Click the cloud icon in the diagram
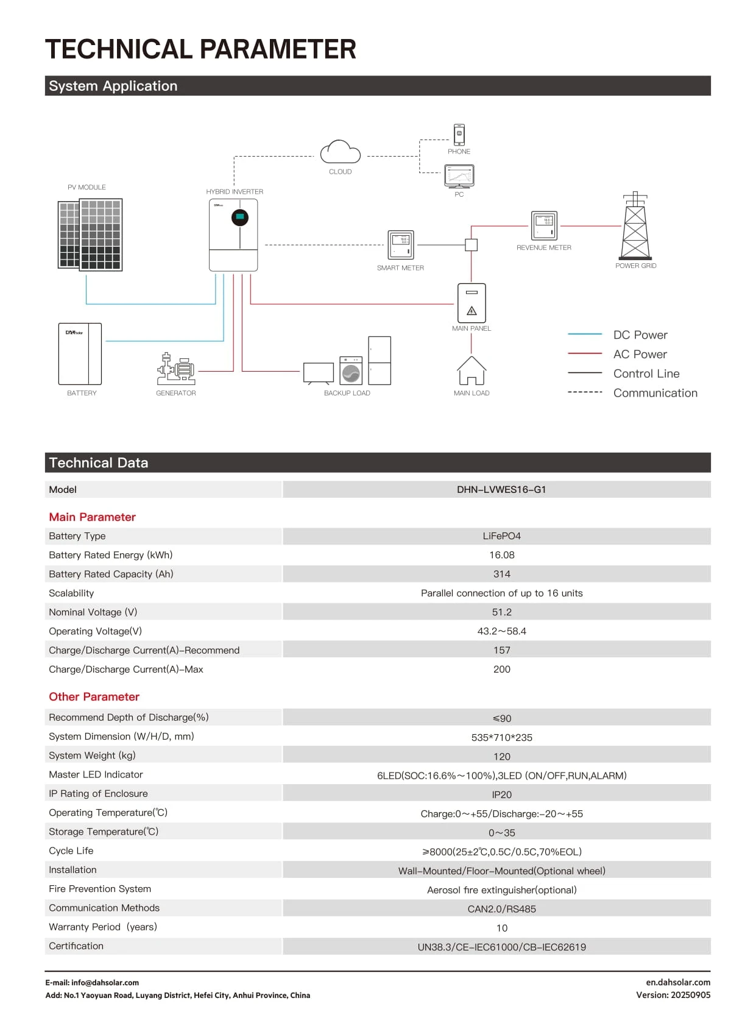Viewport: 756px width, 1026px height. [341, 152]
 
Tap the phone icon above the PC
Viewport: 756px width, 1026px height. [459, 135]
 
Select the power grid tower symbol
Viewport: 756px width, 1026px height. [635, 226]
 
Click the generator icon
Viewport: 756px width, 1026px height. [176, 368]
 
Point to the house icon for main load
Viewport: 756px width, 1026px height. [472, 370]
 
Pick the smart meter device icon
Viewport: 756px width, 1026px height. [401, 245]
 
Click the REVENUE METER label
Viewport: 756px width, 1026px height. [544, 248]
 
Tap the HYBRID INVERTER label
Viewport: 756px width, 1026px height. [235, 192]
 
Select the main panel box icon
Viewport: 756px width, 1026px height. [472, 303]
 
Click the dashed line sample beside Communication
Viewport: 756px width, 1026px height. [585, 392]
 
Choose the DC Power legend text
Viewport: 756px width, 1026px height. [640, 335]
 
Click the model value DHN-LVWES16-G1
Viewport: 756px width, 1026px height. [501, 490]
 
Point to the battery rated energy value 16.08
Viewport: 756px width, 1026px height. [502, 555]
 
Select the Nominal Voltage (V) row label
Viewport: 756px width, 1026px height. [93, 612]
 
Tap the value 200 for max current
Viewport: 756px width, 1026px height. [502, 669]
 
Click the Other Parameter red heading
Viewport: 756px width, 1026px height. [94, 697]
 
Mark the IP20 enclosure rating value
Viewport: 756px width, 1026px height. [502, 794]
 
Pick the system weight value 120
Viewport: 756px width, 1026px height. [502, 757]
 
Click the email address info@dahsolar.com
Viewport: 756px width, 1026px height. [105, 983]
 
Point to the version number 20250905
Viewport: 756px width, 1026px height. [690, 995]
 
